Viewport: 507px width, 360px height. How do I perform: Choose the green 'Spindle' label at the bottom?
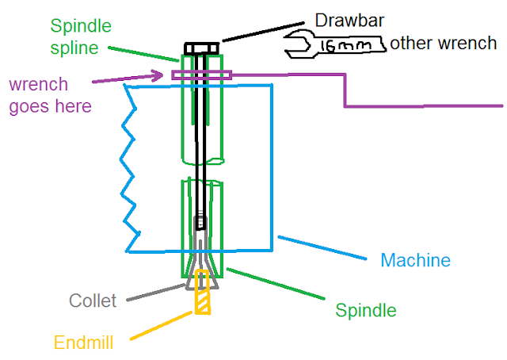(x=366, y=310)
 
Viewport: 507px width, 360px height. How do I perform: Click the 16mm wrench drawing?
(x=336, y=47)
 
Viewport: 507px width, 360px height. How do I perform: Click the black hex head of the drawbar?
(x=202, y=48)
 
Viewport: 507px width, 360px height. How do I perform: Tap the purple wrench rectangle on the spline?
(x=202, y=75)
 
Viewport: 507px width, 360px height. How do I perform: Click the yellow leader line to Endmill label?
(x=158, y=327)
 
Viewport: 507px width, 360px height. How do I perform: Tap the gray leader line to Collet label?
(x=162, y=296)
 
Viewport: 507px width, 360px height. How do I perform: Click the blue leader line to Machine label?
(x=325, y=248)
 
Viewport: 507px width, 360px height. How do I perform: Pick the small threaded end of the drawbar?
(x=200, y=223)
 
